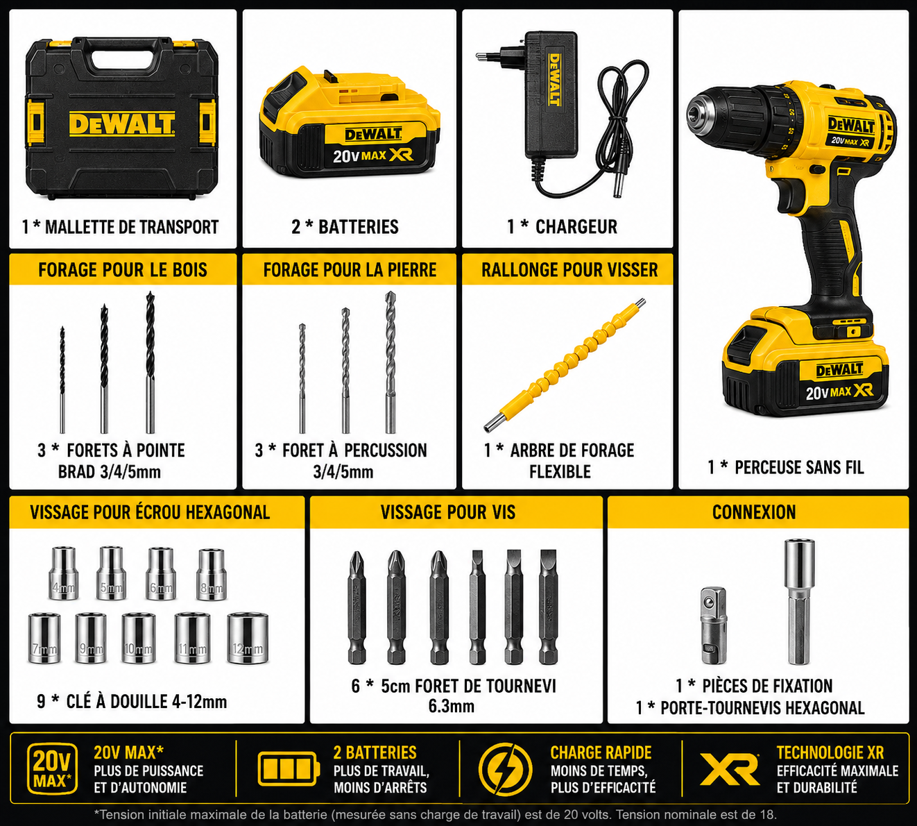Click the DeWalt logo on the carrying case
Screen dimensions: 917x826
click(122, 124)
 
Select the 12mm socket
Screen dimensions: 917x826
click(248, 638)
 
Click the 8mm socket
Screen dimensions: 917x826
click(211, 575)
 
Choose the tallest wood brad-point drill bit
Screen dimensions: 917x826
click(150, 362)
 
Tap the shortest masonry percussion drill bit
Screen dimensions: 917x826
click(302, 378)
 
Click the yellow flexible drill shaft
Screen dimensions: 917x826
click(565, 364)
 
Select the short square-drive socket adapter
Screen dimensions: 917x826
click(714, 625)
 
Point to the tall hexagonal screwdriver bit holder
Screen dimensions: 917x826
click(799, 602)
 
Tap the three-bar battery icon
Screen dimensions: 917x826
click(289, 769)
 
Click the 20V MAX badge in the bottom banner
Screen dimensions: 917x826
click(51, 769)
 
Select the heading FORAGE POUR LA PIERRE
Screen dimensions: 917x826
click(350, 270)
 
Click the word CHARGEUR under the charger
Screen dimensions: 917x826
click(576, 226)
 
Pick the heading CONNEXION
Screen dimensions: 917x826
click(754, 512)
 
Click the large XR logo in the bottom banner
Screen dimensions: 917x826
click(729, 769)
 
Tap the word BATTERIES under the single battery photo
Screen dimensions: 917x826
click(359, 226)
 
